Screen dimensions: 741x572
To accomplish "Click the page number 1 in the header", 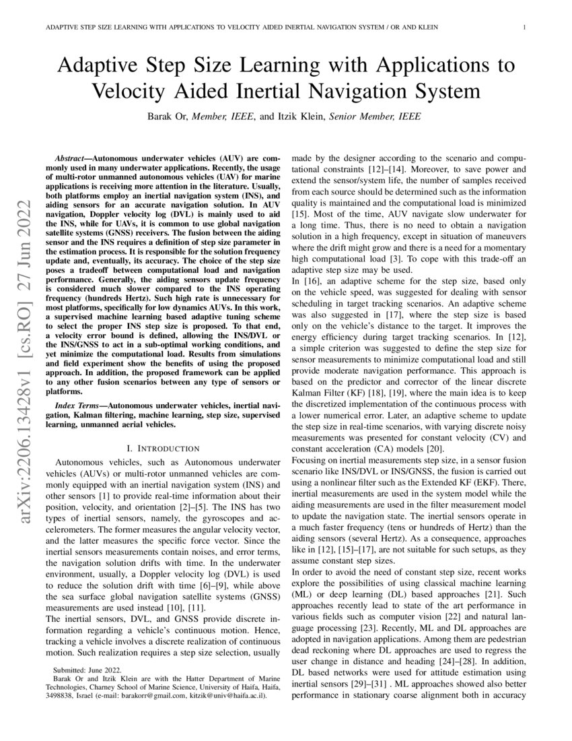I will pos(523,27).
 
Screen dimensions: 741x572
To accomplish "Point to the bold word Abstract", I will pos(71,156).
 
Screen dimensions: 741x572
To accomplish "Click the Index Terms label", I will pos(78,408).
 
